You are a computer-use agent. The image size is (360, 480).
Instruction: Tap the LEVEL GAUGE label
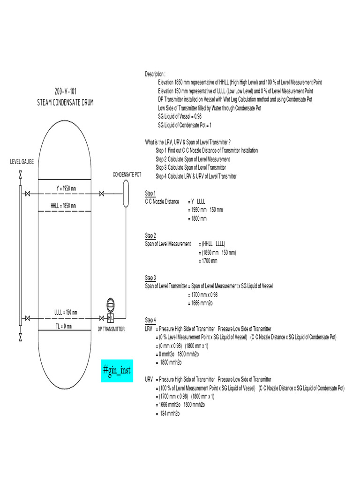pos(22,162)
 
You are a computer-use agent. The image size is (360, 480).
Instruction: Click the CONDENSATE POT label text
pos(127,174)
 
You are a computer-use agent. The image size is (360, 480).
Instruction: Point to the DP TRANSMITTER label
pos(111,330)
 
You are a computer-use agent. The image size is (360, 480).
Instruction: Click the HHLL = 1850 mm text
pos(63,206)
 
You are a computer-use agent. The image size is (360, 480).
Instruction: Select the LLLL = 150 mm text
pos(65,312)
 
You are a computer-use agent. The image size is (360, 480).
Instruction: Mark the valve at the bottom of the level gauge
pos(20,336)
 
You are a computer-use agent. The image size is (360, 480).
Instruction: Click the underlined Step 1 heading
pos(150,193)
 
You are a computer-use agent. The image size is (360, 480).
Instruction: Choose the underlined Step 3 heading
pos(150,277)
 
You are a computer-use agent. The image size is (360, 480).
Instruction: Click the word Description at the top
pos(154,74)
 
